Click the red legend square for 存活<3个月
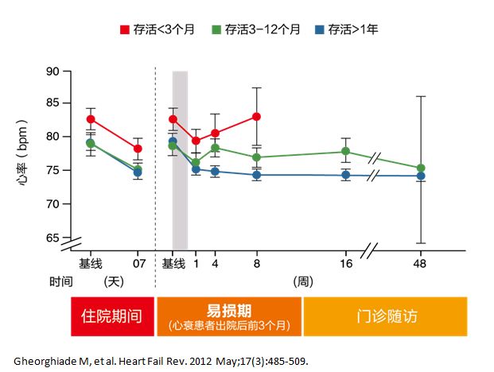click(124, 29)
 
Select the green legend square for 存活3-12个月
click(216, 29)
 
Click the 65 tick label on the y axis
click(53, 238)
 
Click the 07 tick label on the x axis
click(138, 263)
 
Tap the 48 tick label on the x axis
click(421, 263)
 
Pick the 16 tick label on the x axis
click(345, 263)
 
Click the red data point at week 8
click(256, 117)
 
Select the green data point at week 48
click(421, 169)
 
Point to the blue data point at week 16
click(345, 175)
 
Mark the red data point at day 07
click(138, 149)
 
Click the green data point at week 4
click(215, 148)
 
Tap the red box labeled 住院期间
click(112, 316)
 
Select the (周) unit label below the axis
click(301, 281)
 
